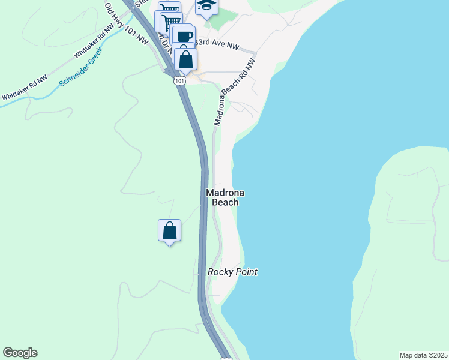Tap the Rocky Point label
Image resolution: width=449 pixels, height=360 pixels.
point(232,272)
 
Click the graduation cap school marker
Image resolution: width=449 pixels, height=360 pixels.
point(206,5)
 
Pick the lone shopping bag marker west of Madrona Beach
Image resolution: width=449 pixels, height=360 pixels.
point(169,230)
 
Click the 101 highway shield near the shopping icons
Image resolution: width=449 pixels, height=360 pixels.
point(180,79)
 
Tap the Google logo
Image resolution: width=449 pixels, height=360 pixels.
point(20,353)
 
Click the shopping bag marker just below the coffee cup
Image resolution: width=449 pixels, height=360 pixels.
point(185,59)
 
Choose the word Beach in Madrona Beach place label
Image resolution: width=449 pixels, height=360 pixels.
point(225,202)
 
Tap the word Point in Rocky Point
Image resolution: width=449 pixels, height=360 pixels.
point(246,272)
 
